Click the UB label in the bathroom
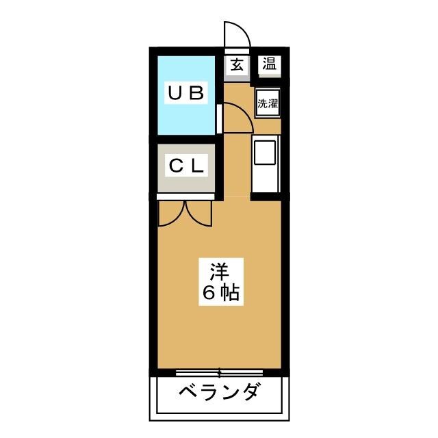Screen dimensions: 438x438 click(186, 94)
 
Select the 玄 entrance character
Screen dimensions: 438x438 click(237, 65)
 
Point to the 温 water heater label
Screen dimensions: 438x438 click(268, 65)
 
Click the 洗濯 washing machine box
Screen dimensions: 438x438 click(267, 104)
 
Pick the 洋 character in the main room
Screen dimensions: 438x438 click(219, 270)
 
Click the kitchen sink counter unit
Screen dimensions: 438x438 click(266, 164)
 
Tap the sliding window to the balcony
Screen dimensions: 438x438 click(219, 373)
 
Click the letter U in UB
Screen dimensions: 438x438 click(176, 94)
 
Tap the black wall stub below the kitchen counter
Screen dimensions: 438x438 click(266, 197)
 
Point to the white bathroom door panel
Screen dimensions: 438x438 click(218, 118)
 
